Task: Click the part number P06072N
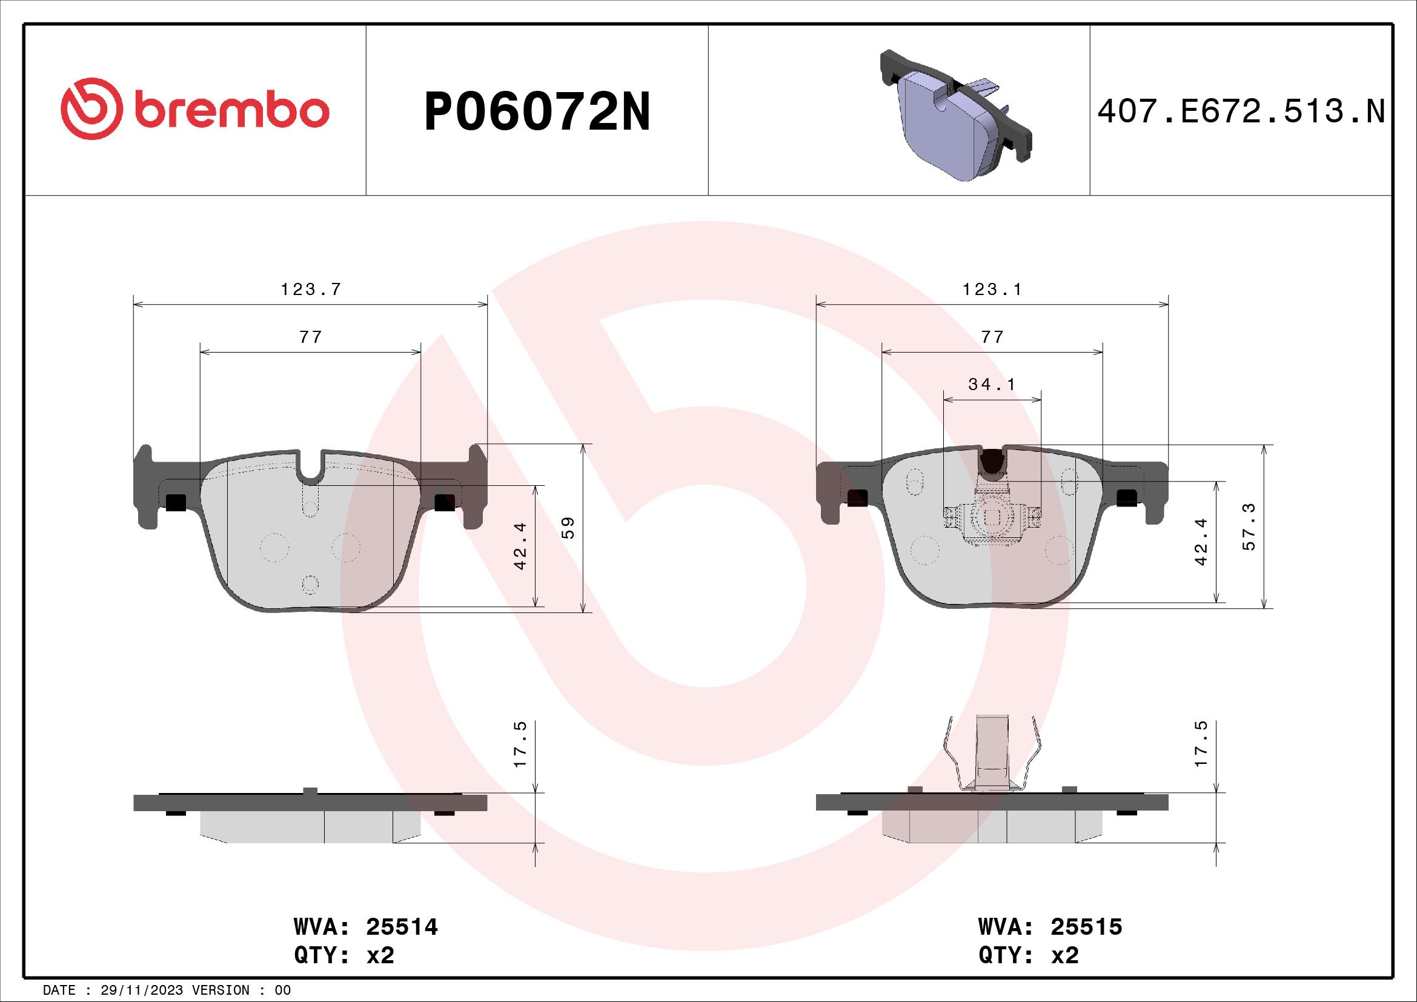(x=537, y=112)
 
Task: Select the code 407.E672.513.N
(x=1241, y=112)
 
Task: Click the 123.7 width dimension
(x=310, y=290)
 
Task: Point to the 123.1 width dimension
(x=992, y=290)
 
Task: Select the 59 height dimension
(x=568, y=528)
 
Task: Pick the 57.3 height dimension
(x=1249, y=527)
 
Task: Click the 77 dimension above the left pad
(x=310, y=337)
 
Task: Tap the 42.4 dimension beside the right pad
(x=1201, y=542)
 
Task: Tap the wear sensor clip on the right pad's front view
(x=992, y=517)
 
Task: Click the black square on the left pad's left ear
(x=176, y=503)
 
